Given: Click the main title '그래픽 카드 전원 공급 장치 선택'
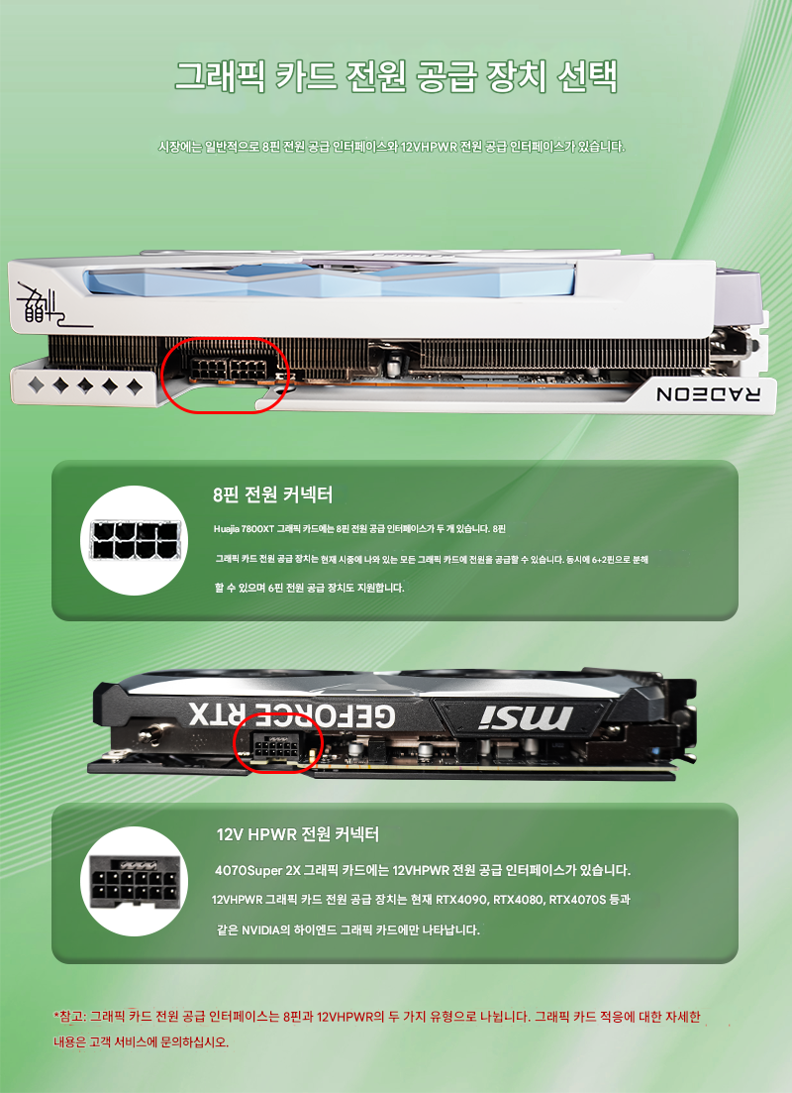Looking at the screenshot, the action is pyautogui.click(x=396, y=76).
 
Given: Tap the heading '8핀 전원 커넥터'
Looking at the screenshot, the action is pyautogui.click(x=273, y=494).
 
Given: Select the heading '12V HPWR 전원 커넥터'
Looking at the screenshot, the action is pyautogui.click(x=298, y=833).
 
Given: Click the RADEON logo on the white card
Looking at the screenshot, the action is pyautogui.click(x=708, y=393).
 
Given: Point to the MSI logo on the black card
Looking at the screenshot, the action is pyautogui.click(x=527, y=716).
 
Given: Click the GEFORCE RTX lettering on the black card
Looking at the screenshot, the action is pyautogui.click(x=292, y=714).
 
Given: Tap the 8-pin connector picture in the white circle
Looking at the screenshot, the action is pyautogui.click(x=135, y=541).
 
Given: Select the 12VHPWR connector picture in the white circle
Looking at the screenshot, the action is pyautogui.click(x=135, y=881).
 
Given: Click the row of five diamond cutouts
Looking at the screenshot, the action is pyautogui.click(x=85, y=385).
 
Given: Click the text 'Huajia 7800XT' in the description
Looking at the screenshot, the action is pyautogui.click(x=244, y=529).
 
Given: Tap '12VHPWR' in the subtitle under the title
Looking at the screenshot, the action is pyautogui.click(x=429, y=147).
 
